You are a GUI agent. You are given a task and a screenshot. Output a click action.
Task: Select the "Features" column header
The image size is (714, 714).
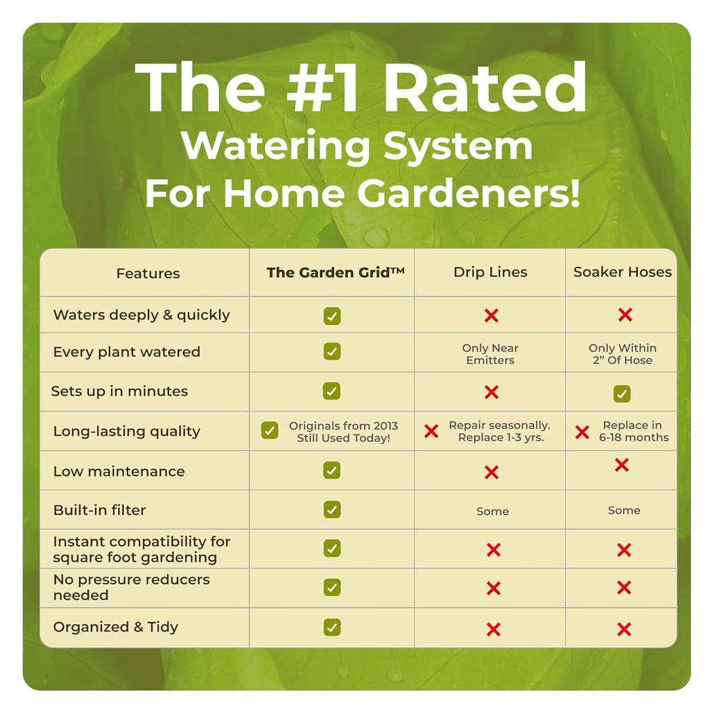(x=148, y=273)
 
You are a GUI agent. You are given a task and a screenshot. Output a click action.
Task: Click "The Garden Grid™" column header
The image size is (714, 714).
(x=335, y=273)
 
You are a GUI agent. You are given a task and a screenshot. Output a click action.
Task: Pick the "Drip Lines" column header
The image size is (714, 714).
(x=490, y=272)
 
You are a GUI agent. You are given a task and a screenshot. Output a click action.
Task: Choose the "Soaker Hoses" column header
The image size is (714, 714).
(x=623, y=272)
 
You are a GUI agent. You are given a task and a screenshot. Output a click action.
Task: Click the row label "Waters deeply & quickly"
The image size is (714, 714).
(x=142, y=314)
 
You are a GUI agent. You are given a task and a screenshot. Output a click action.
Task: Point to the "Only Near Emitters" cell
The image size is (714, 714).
(x=490, y=354)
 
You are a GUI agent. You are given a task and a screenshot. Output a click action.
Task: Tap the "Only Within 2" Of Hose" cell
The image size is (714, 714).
(x=622, y=354)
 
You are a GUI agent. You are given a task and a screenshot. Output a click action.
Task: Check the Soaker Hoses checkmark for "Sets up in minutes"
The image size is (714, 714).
(x=622, y=393)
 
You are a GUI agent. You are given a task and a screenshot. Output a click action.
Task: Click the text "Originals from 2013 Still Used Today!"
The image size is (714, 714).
(x=343, y=432)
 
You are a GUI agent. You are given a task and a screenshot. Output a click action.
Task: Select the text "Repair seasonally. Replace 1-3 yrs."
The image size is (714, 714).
(x=500, y=431)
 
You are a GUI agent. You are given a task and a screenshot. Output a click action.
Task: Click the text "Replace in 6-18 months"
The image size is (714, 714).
(x=633, y=431)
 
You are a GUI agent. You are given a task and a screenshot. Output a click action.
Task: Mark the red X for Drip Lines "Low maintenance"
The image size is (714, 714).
(x=492, y=472)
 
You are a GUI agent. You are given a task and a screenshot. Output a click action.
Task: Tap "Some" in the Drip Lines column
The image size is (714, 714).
(x=492, y=511)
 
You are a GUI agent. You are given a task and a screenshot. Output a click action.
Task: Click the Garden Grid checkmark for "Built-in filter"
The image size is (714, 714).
(x=333, y=510)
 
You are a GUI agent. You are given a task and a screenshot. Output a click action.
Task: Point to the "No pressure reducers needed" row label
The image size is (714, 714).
(x=131, y=587)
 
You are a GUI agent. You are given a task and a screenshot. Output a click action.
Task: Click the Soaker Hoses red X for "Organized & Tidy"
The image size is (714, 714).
(x=624, y=630)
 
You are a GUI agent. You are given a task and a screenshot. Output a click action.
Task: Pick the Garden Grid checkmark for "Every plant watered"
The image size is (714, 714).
(x=333, y=351)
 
